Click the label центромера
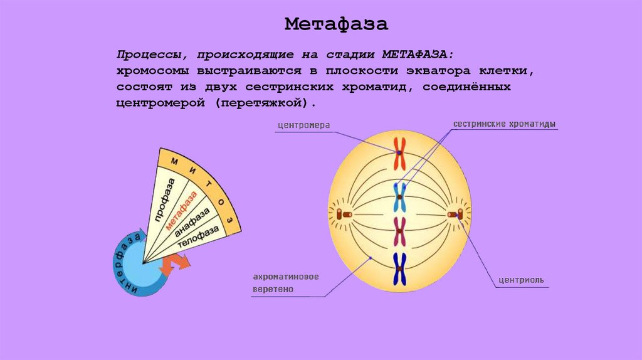coord(303,125)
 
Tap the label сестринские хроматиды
coord(505,124)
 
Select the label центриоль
coord(520,280)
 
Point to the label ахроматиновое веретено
coord(287,283)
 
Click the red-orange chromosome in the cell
coord(399,153)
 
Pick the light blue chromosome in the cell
coord(399,197)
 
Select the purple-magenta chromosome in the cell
coord(399,231)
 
